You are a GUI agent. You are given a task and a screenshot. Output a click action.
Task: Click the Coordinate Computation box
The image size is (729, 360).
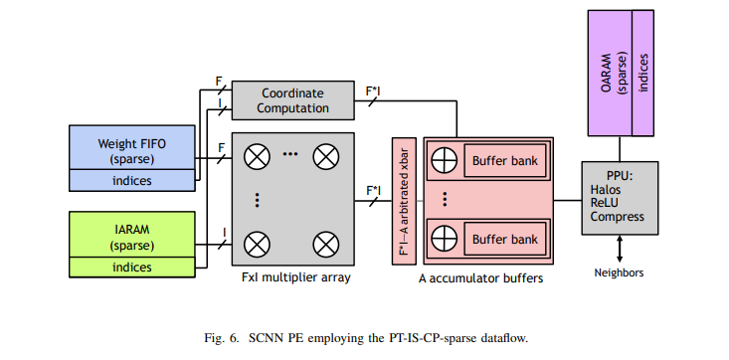292,99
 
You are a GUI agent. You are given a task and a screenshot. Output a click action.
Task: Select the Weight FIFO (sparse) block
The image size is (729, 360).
131,150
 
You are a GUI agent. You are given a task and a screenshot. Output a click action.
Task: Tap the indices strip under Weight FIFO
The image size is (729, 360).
131,180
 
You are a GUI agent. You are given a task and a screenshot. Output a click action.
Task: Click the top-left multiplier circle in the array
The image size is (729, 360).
259,156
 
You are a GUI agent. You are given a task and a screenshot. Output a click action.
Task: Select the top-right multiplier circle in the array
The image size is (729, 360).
326,156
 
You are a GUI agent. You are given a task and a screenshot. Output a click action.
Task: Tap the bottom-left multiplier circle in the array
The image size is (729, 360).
259,241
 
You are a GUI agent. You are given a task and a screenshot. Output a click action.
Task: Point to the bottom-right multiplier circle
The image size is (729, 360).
326,241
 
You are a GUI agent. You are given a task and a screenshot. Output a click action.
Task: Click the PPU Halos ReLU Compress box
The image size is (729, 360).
618,196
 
